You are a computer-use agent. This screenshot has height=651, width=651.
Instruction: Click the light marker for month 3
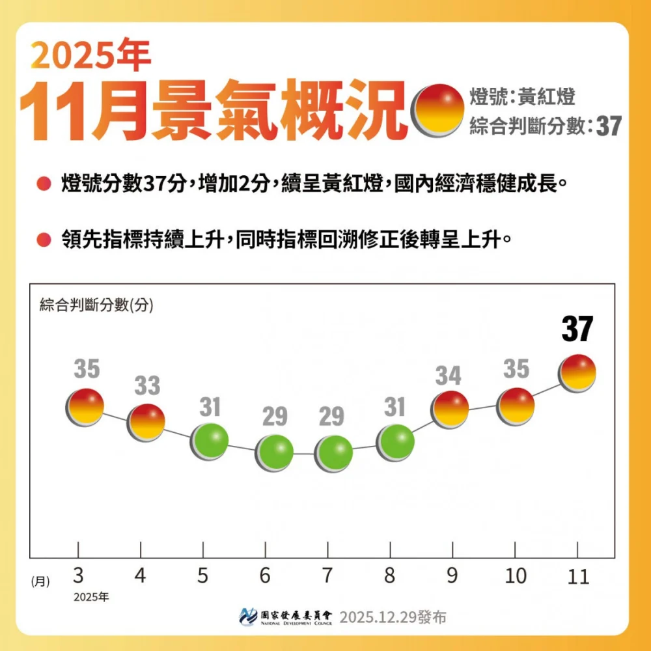pos(85,407)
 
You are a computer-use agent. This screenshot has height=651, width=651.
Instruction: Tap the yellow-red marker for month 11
pos(577,373)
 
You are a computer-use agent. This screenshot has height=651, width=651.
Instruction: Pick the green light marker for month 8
pos(395,443)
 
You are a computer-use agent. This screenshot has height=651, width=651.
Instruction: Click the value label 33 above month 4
pos(146,386)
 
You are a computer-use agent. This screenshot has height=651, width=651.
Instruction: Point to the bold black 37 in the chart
pos(577,329)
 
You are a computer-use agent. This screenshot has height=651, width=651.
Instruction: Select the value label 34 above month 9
pos(449,376)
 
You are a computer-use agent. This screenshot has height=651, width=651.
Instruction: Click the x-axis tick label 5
pos(203,576)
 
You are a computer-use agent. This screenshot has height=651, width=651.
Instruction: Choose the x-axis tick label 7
pos(327,576)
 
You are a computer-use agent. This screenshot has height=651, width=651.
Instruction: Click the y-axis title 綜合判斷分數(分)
pos(96,305)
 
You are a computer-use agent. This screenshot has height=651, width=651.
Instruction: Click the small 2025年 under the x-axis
pos(91,597)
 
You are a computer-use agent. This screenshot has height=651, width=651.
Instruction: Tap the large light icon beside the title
pos(438,109)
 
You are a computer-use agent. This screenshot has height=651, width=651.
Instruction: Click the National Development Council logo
pos(286,616)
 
